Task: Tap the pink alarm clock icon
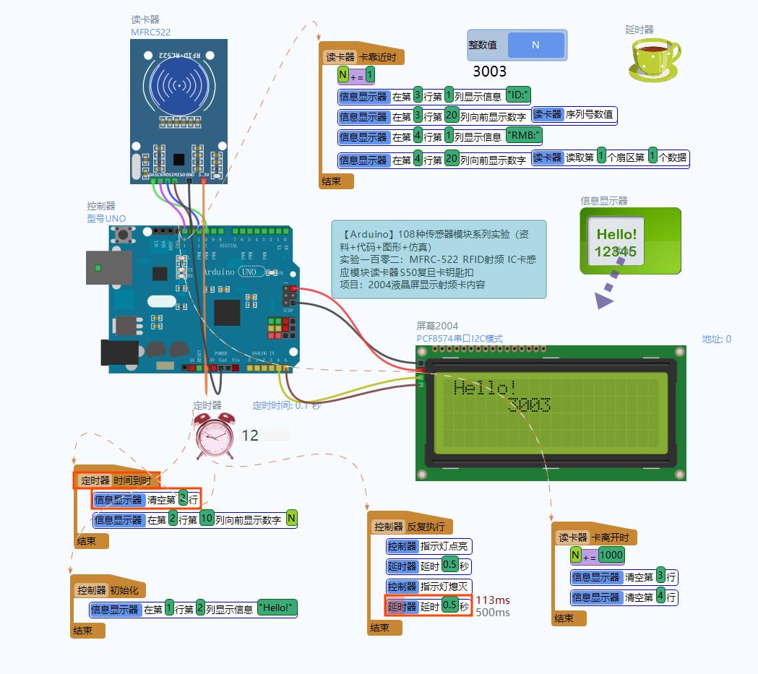click(x=215, y=436)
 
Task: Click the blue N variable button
click(x=535, y=45)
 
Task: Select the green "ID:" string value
click(x=518, y=95)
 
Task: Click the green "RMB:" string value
click(x=524, y=136)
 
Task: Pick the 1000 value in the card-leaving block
click(x=611, y=556)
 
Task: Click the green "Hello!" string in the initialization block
click(x=277, y=608)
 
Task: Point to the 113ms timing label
click(x=493, y=600)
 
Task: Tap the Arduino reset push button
click(x=124, y=234)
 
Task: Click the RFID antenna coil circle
click(x=178, y=85)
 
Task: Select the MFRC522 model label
click(x=150, y=32)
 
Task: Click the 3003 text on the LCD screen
click(x=529, y=405)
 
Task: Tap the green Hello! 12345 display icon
click(x=630, y=241)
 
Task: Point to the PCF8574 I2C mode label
click(x=459, y=338)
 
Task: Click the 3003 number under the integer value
click(x=489, y=71)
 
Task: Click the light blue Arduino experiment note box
click(x=439, y=259)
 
